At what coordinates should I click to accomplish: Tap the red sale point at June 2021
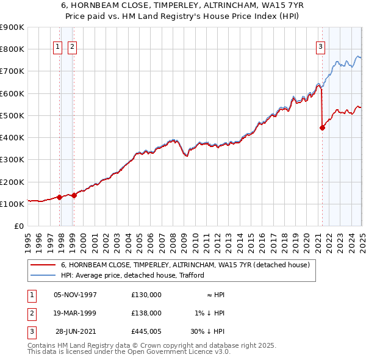(322, 128)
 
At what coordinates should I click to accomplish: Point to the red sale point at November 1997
(60, 197)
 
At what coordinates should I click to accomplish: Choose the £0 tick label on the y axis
(18, 226)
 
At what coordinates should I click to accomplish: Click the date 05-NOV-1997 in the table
(76, 295)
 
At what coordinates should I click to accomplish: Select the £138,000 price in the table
(146, 313)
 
